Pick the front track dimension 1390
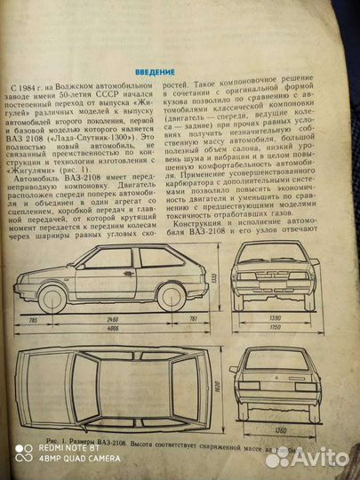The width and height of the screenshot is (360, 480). click(x=275, y=317)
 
